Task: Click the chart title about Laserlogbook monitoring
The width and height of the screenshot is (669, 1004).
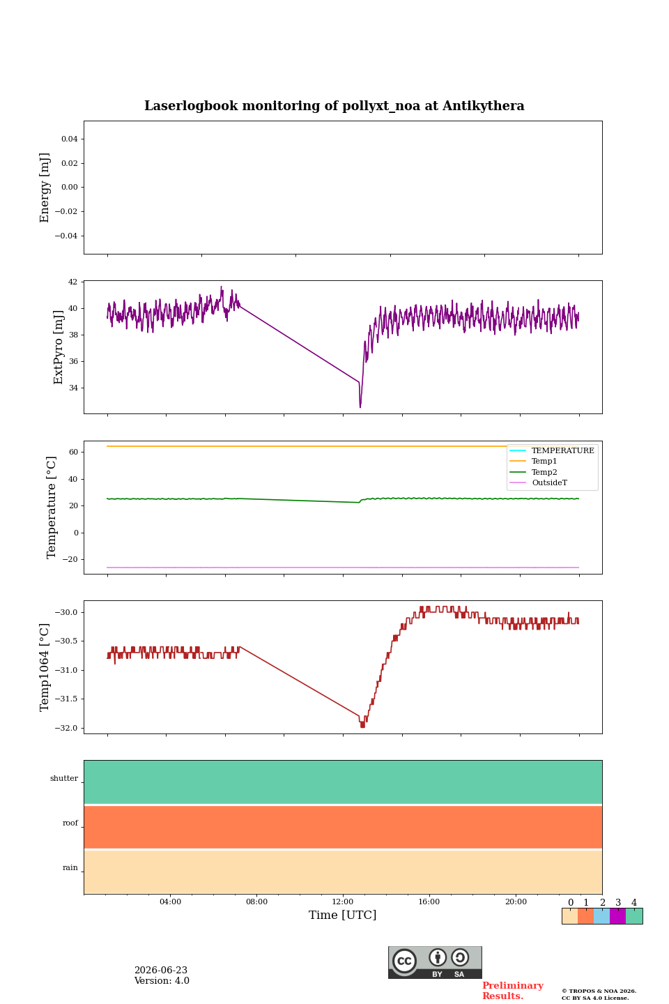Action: coord(334,106)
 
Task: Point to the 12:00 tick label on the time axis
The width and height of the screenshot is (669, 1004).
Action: coord(343,902)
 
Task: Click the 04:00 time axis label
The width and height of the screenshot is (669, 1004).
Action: coord(170,902)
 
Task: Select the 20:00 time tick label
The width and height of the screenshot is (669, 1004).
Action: coord(516,902)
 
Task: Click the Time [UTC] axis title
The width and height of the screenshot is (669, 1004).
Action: coord(342,915)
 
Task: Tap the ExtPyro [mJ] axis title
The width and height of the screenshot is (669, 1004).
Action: coord(59,347)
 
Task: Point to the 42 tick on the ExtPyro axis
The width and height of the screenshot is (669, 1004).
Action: coord(72,282)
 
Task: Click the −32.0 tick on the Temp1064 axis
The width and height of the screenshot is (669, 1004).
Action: coord(66,728)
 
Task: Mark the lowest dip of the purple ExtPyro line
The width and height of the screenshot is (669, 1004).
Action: coord(360,406)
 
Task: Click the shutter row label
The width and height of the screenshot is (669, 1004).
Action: coord(64,778)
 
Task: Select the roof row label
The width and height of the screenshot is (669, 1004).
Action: coord(70,823)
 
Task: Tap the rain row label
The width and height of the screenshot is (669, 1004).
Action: coord(70,867)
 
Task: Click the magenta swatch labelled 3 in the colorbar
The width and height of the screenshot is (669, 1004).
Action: coord(618,916)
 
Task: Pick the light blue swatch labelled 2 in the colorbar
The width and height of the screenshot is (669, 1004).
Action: coord(602,916)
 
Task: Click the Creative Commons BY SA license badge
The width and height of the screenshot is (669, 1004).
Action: coord(435,962)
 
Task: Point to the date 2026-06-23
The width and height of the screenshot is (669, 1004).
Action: coord(161,970)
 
